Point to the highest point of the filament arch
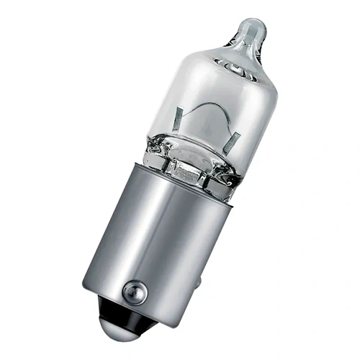[x=204, y=105]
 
